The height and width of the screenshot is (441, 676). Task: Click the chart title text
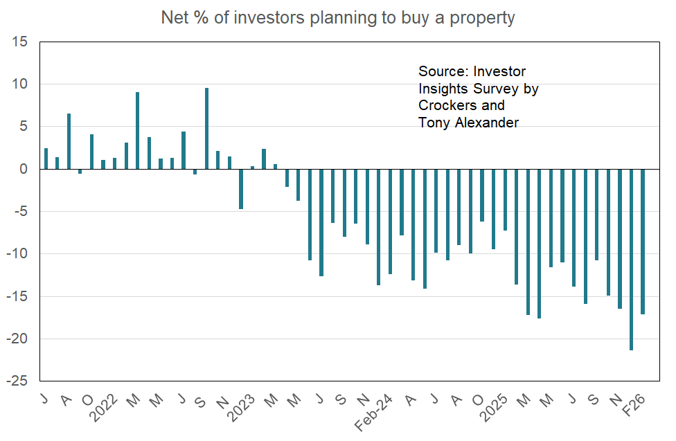pos(338,17)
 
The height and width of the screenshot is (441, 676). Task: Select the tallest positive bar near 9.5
pos(206,129)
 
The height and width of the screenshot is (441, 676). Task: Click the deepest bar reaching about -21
pos(631,260)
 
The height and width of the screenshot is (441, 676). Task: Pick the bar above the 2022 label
pos(114,163)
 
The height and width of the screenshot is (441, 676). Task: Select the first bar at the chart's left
pos(46,159)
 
